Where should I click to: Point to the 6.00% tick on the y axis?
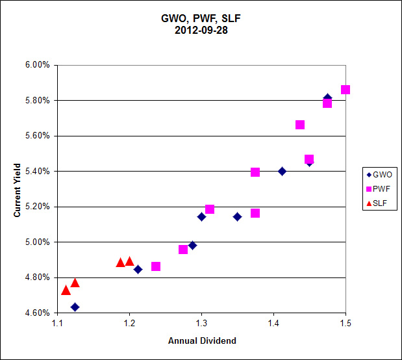point(37,65)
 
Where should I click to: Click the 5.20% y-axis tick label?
point(37,207)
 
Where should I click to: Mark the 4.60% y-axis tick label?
point(37,313)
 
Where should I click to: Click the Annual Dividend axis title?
point(202,341)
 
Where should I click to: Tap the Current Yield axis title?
point(18,189)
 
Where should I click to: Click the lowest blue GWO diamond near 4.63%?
point(75,307)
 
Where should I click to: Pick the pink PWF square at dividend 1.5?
point(345,90)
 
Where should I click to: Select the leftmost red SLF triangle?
point(66,290)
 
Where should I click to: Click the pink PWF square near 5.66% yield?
point(300,125)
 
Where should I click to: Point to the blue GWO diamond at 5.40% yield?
point(282,172)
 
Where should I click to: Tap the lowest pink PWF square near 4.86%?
point(156,266)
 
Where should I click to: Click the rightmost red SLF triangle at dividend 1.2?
point(129,261)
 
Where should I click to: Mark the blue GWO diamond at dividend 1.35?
point(237,216)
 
